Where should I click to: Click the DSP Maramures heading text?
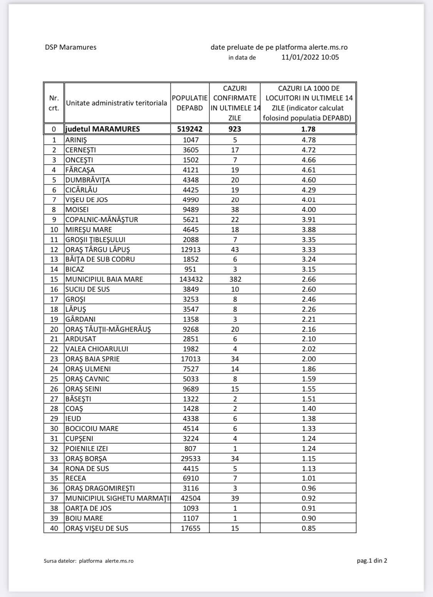[x=70, y=47]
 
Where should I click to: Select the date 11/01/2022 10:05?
[x=310, y=57]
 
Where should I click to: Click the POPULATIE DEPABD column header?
[x=190, y=103]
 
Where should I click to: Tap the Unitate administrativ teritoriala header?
[x=117, y=103]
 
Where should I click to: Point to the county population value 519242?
[x=190, y=129]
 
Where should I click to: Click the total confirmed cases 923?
[x=235, y=129]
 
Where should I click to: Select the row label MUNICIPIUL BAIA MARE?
[x=104, y=279]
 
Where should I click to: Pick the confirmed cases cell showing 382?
[x=235, y=279]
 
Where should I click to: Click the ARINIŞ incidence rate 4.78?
[x=308, y=140]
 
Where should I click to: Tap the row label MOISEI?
[x=77, y=209]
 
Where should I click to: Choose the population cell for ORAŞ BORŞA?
[x=190, y=458]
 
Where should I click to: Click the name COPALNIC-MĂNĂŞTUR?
[x=102, y=219]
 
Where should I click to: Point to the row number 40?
[x=54, y=528]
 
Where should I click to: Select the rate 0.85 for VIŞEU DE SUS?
[x=308, y=528]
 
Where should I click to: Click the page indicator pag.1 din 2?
[x=372, y=560]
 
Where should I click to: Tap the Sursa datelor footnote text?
[x=89, y=561]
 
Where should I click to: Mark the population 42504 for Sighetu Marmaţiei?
[x=190, y=498]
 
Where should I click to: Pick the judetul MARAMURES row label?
[x=102, y=129]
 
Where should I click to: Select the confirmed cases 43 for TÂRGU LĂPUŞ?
[x=235, y=249]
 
